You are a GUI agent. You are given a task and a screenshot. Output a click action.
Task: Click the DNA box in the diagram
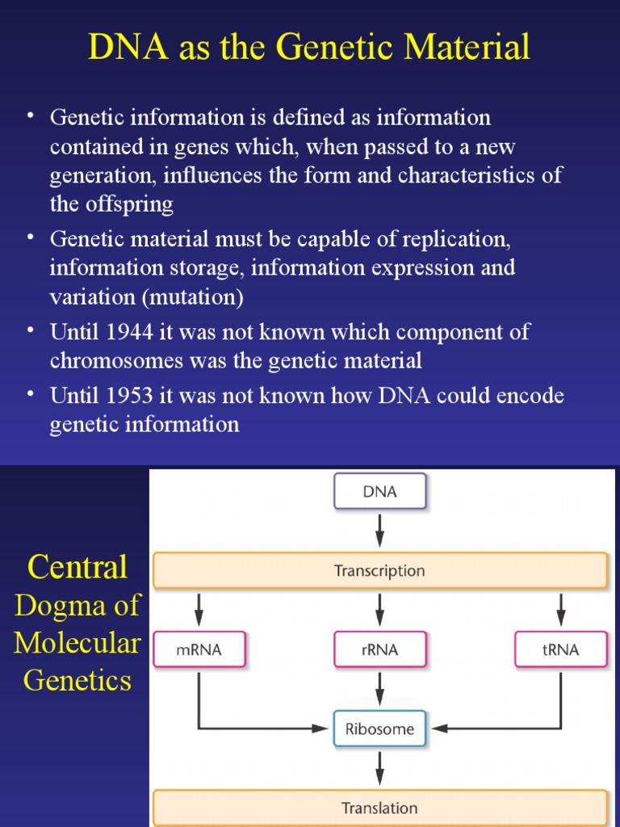tap(380, 491)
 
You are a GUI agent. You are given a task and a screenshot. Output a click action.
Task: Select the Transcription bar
tap(379, 570)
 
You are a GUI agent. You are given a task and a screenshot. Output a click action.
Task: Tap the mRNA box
tap(199, 649)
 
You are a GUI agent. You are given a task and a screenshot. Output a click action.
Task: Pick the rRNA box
tap(379, 649)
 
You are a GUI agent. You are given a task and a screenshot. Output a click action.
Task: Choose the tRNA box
tap(561, 649)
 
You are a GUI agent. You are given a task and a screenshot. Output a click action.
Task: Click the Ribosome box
tap(379, 728)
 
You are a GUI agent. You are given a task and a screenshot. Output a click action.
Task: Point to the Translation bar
tap(379, 808)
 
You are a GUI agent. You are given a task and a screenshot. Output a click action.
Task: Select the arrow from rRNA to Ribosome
tap(380, 689)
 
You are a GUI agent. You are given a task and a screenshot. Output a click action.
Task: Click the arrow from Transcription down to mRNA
tap(199, 610)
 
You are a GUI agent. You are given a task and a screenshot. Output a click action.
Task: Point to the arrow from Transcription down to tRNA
tap(561, 610)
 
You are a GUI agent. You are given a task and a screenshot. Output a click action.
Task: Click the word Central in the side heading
tap(77, 567)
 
